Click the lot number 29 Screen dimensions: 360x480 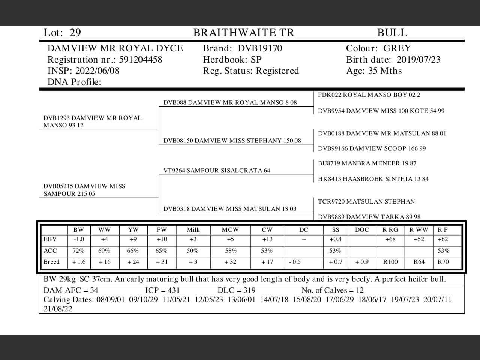point(75,33)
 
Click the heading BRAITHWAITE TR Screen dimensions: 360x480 point(244,33)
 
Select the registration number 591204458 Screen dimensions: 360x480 point(140,60)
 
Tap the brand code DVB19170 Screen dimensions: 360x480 point(260,48)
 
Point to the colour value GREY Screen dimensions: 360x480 point(397,48)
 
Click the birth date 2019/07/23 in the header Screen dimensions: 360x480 point(418,60)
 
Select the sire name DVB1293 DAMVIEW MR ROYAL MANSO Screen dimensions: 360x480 point(92,121)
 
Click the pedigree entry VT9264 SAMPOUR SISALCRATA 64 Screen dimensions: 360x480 point(217,171)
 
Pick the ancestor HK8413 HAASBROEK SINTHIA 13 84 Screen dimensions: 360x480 point(373,179)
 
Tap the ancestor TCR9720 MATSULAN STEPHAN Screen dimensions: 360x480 point(366,202)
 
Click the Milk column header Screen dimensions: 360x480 point(193,230)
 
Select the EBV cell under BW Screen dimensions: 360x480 point(79,239)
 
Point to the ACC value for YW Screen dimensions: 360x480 point(133,250)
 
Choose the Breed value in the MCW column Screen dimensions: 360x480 point(230,262)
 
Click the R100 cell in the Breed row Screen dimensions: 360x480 point(390,262)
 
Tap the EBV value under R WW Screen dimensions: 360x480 point(419,239)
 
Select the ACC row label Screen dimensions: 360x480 point(50,250)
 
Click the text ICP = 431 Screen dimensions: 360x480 point(162,290)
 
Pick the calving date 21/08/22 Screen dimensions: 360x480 point(58,309)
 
